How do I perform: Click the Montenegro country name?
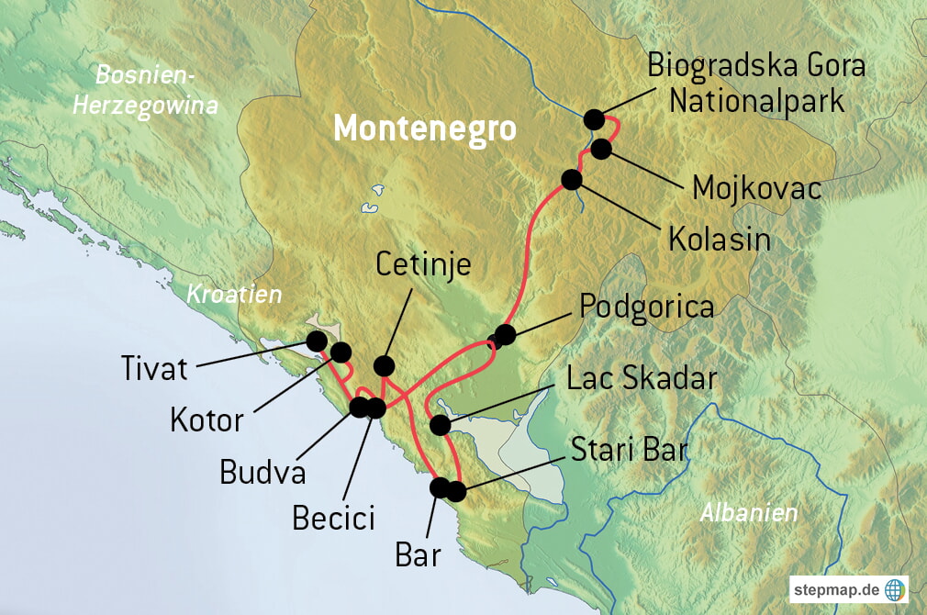point(425,129)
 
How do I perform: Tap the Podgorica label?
point(647,307)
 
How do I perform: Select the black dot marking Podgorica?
point(504,334)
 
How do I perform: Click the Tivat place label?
point(154,369)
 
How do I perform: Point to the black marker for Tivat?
point(317,341)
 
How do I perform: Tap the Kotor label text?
point(207,420)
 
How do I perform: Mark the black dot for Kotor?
point(341,352)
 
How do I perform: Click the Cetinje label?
point(423,264)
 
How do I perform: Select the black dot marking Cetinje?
point(385,364)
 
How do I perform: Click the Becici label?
point(333,518)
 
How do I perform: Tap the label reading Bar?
point(418,554)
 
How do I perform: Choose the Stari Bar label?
point(629,451)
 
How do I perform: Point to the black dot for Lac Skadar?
point(440,425)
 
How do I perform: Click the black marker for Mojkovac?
point(602,149)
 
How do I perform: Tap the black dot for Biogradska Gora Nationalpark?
point(594,119)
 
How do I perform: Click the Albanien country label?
point(749,513)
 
